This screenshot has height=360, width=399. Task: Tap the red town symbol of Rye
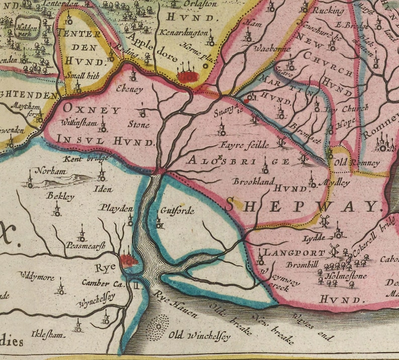(130, 260)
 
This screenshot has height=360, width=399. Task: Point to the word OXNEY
(92, 110)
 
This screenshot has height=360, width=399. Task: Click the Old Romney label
(358, 163)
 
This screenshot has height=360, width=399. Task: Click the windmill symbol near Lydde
(324, 219)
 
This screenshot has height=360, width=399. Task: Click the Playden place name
(114, 208)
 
